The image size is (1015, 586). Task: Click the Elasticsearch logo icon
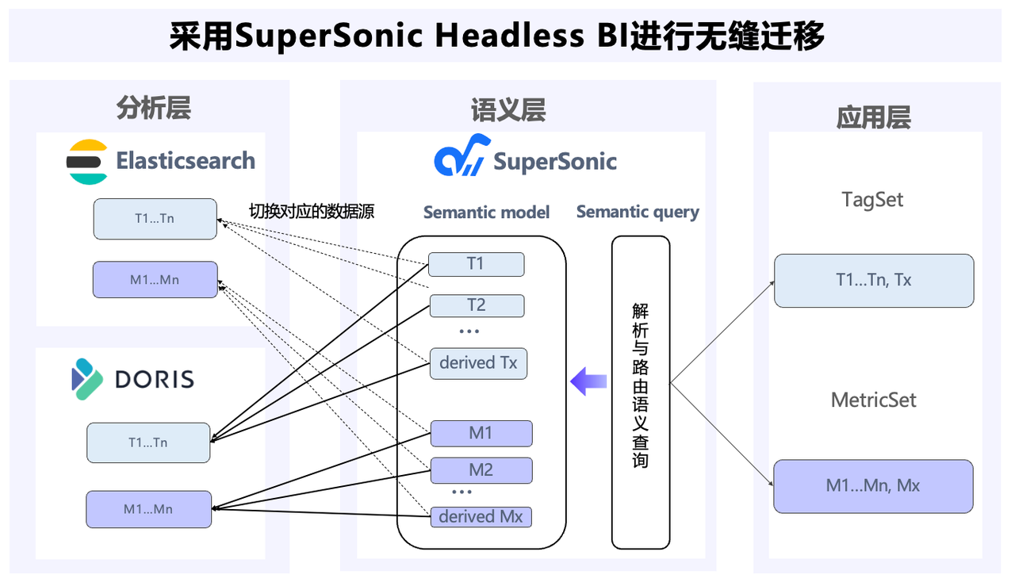click(87, 162)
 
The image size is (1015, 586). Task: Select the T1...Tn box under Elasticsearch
click(155, 219)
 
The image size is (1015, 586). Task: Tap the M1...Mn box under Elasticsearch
click(155, 280)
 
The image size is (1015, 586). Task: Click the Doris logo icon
click(87, 378)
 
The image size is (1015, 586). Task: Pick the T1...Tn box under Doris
click(148, 442)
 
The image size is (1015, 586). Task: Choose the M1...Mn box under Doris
click(148, 509)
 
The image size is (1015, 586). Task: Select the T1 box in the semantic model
click(476, 264)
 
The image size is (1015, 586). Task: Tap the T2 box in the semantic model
click(476, 305)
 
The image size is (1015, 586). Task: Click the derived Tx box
click(478, 363)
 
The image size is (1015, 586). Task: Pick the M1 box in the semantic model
click(481, 433)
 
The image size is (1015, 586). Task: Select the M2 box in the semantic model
click(481, 470)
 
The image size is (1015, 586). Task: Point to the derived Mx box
click(481, 517)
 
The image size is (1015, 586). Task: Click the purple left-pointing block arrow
click(588, 381)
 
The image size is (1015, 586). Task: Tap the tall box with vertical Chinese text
click(641, 392)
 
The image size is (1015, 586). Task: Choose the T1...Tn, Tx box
click(873, 280)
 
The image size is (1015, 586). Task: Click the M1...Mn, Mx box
click(873, 486)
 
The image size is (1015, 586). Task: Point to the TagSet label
click(873, 200)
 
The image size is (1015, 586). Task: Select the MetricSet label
click(873, 400)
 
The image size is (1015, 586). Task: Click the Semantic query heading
click(638, 213)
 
